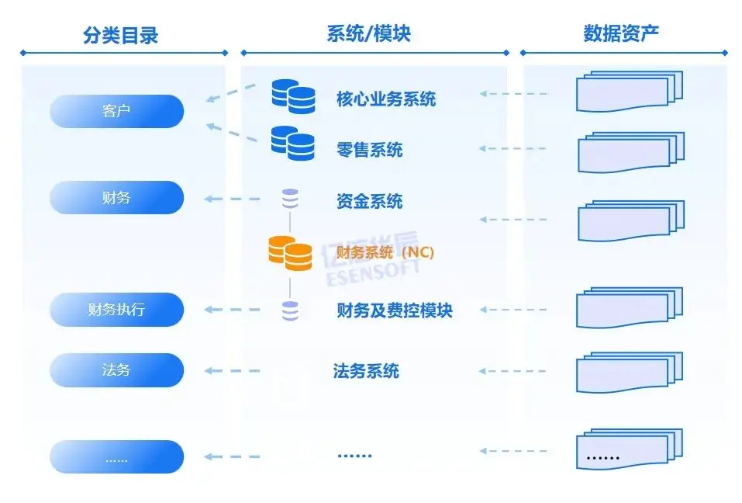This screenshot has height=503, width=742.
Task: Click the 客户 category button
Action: (x=116, y=111)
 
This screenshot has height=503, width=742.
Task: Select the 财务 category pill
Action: (x=116, y=198)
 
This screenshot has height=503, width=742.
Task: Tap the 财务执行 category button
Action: (x=116, y=310)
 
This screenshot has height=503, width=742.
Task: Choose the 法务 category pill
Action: (x=116, y=370)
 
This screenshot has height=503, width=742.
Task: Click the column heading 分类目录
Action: (x=120, y=35)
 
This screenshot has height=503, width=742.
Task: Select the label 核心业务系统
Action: (x=385, y=99)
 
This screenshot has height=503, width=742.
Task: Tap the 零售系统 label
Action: (x=370, y=150)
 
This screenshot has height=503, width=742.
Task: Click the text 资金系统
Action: (x=370, y=202)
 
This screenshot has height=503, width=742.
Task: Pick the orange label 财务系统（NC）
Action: (x=385, y=252)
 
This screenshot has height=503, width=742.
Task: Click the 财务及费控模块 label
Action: (x=394, y=310)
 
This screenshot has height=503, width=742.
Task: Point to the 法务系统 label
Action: (x=366, y=370)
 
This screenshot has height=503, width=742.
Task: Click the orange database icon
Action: (x=289, y=253)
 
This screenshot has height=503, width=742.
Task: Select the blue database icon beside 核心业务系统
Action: (x=293, y=96)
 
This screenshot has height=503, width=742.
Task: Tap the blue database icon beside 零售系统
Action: (x=292, y=143)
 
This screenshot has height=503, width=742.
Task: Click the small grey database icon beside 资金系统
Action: (x=290, y=199)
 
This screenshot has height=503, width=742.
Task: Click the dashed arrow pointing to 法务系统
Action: (x=513, y=370)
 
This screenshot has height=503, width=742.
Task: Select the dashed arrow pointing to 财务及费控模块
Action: (x=513, y=310)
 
